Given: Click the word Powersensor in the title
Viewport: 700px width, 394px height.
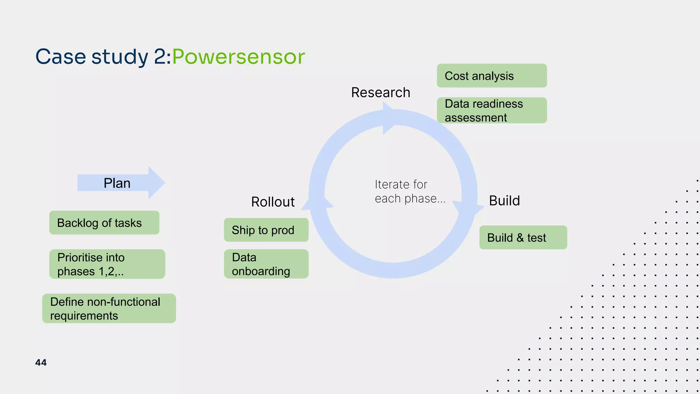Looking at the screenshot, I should [238, 57].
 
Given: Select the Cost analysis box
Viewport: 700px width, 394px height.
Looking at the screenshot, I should [492, 76].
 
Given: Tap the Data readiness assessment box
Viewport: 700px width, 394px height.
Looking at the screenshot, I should [492, 110].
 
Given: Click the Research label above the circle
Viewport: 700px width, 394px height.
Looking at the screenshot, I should [380, 93].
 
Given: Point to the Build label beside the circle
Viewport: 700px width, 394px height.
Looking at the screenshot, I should [504, 201].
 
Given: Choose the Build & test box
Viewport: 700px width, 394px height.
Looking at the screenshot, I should [523, 237].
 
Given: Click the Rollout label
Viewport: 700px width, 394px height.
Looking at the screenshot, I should [273, 202].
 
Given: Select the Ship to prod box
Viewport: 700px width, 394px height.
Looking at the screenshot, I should [266, 230].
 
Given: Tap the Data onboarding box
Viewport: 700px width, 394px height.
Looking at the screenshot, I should [266, 264].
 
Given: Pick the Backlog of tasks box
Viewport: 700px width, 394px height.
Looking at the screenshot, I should [104, 223].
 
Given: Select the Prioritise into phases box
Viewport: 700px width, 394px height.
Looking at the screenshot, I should [107, 264].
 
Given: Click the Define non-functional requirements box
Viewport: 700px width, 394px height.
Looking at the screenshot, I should [109, 308].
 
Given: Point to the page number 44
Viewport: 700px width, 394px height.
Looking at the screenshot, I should [41, 363].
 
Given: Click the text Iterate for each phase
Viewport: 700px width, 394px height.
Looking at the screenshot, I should [409, 192].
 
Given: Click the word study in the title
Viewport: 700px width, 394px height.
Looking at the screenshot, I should [120, 57].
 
